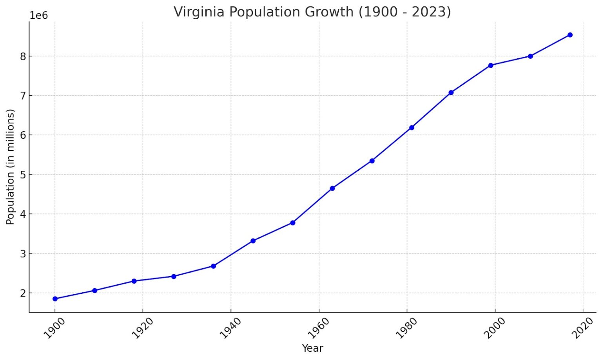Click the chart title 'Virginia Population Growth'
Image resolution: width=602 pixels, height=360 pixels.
pyautogui.click(x=312, y=12)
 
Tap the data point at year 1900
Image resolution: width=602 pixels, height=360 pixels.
pyautogui.click(x=55, y=299)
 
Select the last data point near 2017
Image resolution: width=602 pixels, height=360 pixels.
pyautogui.click(x=570, y=35)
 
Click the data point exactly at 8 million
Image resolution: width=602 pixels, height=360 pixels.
pyautogui.click(x=530, y=56)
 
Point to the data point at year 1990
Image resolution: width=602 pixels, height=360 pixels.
pyautogui.click(x=451, y=92)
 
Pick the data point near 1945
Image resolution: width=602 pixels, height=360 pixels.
pyautogui.click(x=253, y=241)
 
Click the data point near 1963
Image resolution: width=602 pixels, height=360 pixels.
pyautogui.click(x=332, y=188)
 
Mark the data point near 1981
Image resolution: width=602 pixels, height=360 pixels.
pyautogui.click(x=412, y=128)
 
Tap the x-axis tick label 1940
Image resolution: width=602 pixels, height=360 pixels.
pyautogui.click(x=230, y=328)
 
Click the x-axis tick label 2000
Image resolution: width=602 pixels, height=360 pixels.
pyautogui.click(x=495, y=328)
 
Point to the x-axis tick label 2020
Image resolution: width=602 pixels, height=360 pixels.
pyautogui.click(x=583, y=328)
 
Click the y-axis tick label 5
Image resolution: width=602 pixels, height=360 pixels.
pyautogui.click(x=23, y=175)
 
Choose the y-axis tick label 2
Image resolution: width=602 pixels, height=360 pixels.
pyautogui.click(x=23, y=293)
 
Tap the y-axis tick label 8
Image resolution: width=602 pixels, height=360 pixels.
pyautogui.click(x=23, y=56)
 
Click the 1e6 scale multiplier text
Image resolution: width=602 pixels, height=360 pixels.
pyautogui.click(x=38, y=16)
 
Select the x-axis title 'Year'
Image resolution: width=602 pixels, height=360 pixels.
pyautogui.click(x=312, y=348)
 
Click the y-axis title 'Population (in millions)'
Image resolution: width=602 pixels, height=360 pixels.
pyautogui.click(x=10, y=167)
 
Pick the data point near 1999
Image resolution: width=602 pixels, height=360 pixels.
pyautogui.click(x=491, y=65)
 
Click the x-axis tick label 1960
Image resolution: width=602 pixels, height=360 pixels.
pyautogui.click(x=319, y=328)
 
